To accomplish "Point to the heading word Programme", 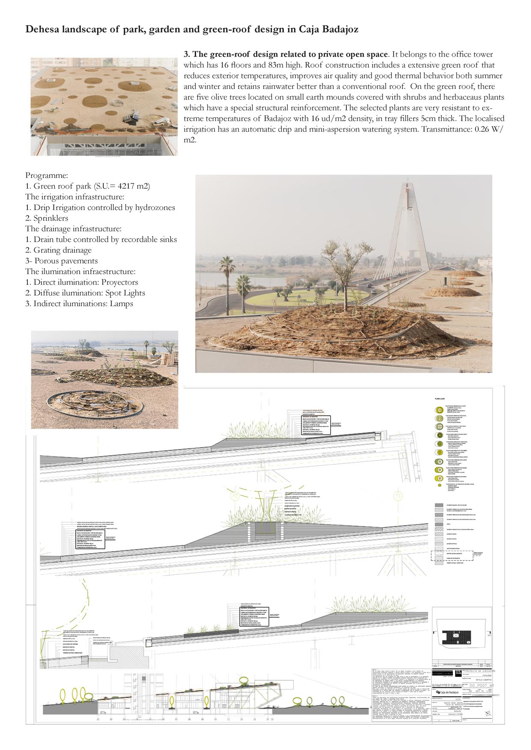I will tap(46, 176).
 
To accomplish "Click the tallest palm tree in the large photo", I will tap(227, 274).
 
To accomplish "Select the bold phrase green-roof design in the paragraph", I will tap(248, 55).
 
